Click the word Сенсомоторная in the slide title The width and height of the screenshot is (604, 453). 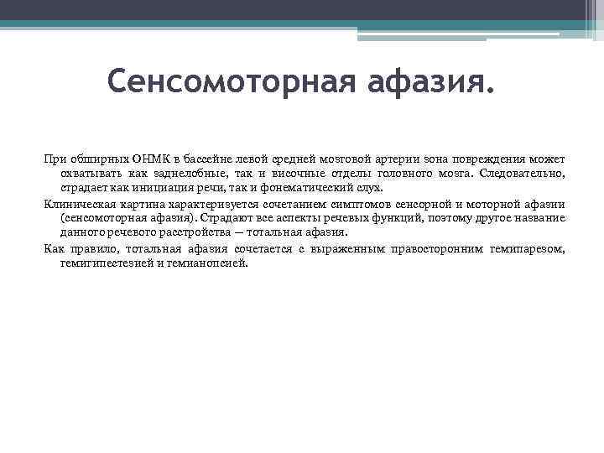[219, 83]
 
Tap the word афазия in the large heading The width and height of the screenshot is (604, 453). [414, 83]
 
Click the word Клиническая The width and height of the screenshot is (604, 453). [75, 204]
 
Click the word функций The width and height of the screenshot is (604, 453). [375, 218]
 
